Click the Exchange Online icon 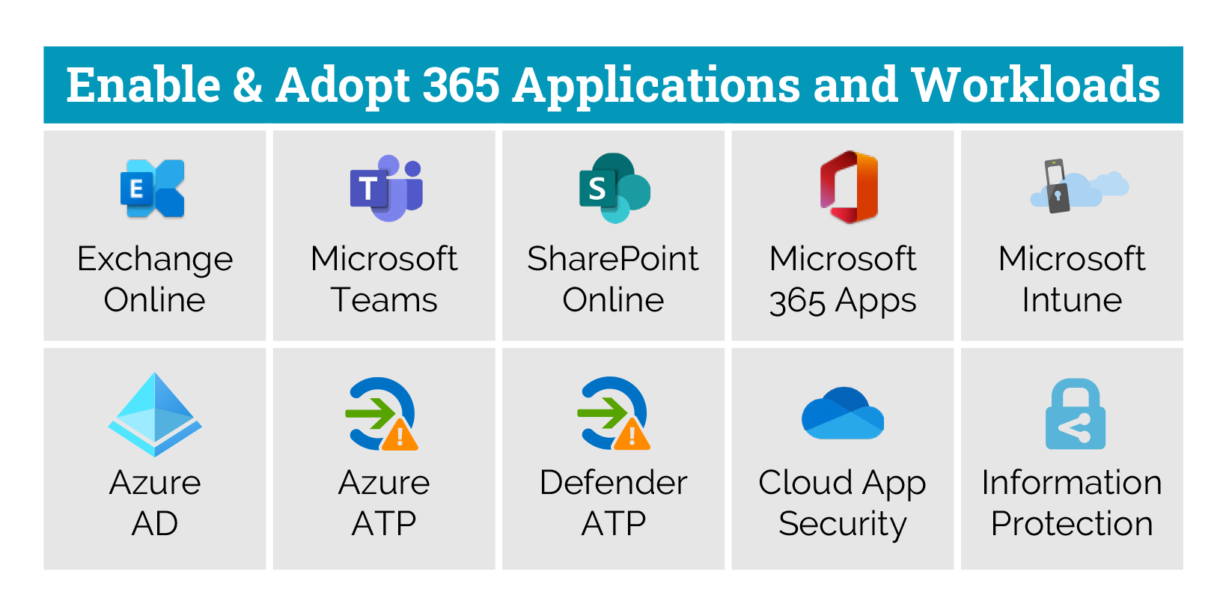tap(153, 189)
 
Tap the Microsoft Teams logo tap(386, 188)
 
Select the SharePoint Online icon tap(614, 188)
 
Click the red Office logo tap(849, 186)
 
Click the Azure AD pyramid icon tap(155, 415)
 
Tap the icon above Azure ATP tap(382, 414)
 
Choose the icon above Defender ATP tap(614, 413)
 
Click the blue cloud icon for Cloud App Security tap(843, 413)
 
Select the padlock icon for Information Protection tap(1076, 414)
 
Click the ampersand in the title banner tap(248, 85)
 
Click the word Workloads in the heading tap(1036, 85)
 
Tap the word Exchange tap(155, 259)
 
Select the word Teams tap(384, 300)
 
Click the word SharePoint tap(613, 258)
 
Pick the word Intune tap(1073, 300)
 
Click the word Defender tap(614, 483)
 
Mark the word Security tap(843, 525)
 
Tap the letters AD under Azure tap(155, 524)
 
